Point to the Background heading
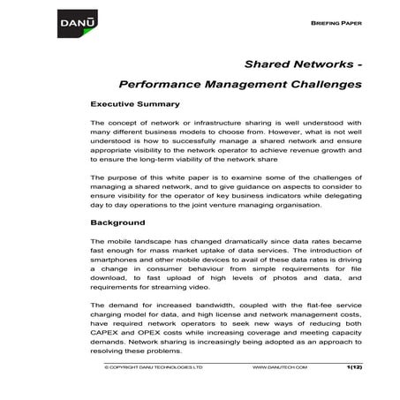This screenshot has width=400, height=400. pyautogui.click(x=117, y=223)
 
